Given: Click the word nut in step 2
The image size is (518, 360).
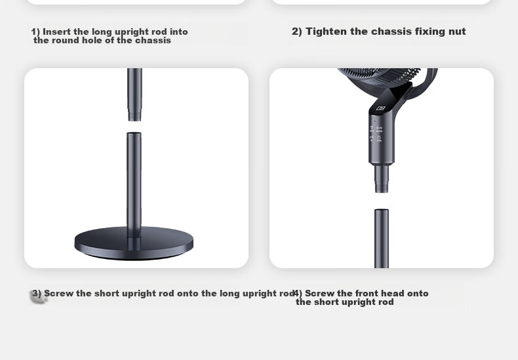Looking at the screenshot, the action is point(457,31).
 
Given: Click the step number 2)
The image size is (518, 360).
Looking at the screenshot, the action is point(296,31).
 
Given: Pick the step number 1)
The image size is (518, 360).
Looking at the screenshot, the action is point(35,32).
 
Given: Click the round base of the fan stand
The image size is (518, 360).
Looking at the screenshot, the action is point(134,243).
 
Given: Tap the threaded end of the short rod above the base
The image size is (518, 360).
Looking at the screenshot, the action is point(134,117).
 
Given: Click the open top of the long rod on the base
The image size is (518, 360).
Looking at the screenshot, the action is point(134,133).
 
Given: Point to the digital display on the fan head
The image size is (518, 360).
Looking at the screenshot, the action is point(380,108).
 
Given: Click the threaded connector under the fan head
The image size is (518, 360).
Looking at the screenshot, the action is point(381,178).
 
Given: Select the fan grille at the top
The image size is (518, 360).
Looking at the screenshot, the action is point(380,78).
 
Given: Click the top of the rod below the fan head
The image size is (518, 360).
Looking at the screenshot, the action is point(382,210).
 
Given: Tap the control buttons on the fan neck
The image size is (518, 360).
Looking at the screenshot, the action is point(376,133).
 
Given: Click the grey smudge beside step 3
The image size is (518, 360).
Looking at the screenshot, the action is point(39,296).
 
